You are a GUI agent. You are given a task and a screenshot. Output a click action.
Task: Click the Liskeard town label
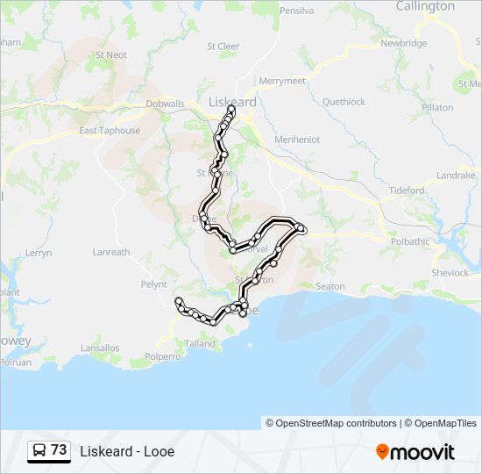233,103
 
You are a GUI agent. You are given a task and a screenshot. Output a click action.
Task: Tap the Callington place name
425,6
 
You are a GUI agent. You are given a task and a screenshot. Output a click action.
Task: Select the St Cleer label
223,47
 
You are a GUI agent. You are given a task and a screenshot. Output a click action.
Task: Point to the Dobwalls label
165,104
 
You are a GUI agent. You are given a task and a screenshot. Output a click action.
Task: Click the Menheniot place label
297,140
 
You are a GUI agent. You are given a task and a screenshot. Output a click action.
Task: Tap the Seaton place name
330,286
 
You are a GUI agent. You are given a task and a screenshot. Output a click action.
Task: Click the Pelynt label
153,284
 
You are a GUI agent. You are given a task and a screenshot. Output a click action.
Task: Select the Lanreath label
111,252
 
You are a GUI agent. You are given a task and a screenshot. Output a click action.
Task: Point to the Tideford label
407,190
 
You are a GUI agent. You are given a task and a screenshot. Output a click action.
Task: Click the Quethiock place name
344,102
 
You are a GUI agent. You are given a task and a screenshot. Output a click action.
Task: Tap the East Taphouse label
110,131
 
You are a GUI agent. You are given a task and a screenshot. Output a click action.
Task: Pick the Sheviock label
450,272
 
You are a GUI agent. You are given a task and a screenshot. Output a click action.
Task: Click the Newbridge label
403,43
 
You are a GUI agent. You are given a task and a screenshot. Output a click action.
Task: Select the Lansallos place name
100,348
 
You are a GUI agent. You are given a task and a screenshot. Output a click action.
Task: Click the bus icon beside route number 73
39,450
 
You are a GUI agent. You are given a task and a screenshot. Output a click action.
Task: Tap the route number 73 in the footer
59,450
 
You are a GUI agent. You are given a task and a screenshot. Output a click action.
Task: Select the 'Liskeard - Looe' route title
127,452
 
